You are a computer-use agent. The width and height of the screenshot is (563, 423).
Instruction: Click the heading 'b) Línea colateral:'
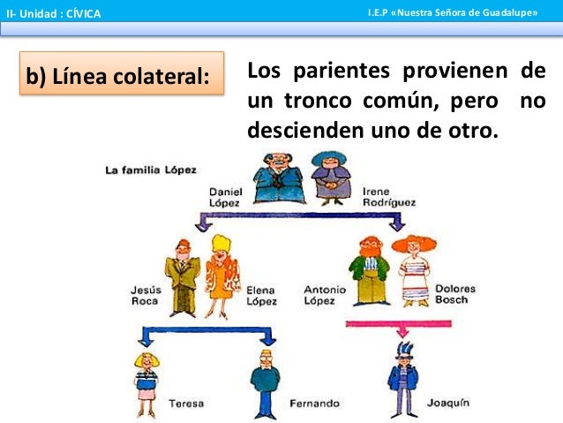pos(118,78)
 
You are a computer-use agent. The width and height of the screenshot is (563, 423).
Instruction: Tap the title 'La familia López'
pos(150,169)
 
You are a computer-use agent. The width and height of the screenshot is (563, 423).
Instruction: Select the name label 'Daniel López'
pos(224,197)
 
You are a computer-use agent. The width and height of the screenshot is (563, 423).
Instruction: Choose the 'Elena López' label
pos(261,295)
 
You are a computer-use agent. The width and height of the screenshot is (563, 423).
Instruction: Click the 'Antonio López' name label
pos(324,294)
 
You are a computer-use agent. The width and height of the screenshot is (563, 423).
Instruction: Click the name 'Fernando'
pos(314,404)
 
